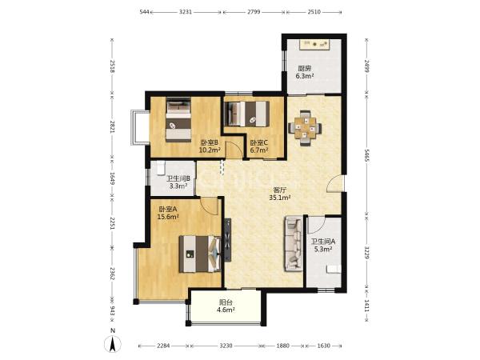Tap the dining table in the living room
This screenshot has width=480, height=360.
[305, 128]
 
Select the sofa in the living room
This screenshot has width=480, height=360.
[294, 244]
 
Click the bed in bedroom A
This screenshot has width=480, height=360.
[200, 254]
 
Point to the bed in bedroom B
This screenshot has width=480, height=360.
[178, 119]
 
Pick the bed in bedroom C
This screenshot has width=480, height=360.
[246, 114]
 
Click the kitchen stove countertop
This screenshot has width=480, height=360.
[314, 45]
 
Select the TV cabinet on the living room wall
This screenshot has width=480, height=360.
[228, 240]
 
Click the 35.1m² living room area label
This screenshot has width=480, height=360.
[280, 198]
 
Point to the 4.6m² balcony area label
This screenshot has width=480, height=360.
[226, 310]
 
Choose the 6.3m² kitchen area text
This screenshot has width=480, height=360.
[305, 76]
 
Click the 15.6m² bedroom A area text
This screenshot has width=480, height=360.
[168, 217]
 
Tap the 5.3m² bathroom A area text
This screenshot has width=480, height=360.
[323, 249]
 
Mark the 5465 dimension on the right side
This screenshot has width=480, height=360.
[366, 155]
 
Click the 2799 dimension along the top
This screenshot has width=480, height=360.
[254, 12]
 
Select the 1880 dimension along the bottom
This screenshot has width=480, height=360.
[282, 346]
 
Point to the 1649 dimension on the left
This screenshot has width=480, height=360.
[112, 178]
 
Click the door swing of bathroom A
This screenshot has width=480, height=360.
[317, 223]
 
